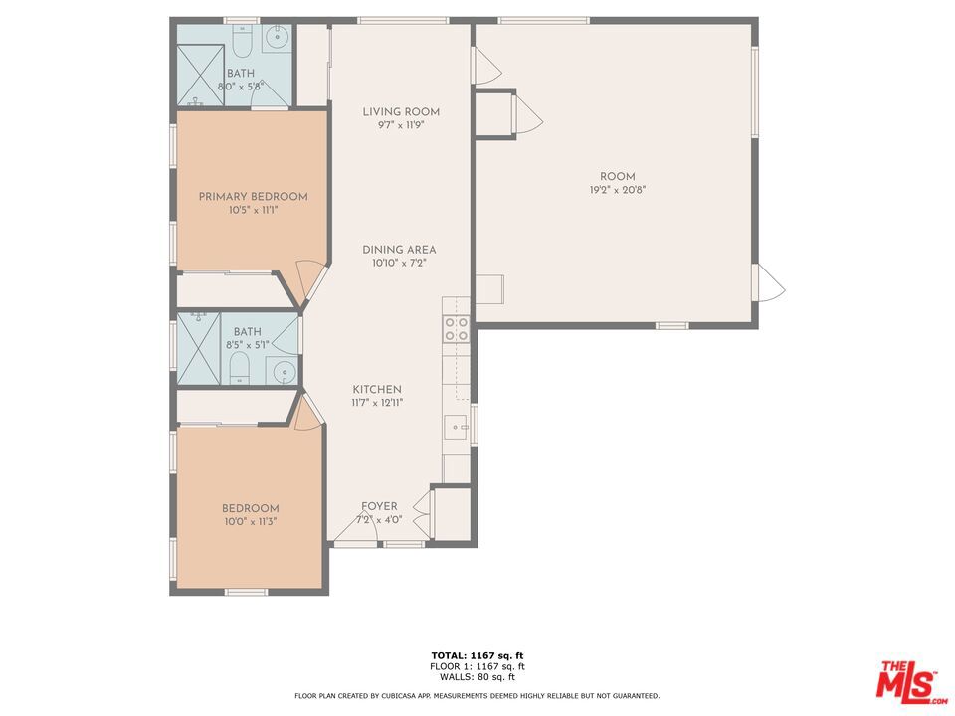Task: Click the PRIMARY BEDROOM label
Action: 253,197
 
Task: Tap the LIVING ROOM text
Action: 401,112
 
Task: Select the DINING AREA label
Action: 399,250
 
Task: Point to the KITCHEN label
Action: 377,389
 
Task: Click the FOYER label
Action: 379,506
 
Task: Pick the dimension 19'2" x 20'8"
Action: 617,190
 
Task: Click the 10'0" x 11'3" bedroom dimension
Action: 251,522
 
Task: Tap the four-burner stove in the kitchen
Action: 457,329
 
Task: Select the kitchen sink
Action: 455,427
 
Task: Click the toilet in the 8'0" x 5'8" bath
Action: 242,40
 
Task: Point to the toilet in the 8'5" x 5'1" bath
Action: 240,369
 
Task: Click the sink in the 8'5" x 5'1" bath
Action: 284,372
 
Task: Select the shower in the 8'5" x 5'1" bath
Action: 199,349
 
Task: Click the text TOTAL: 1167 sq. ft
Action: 477,655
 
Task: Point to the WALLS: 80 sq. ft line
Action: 477,677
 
